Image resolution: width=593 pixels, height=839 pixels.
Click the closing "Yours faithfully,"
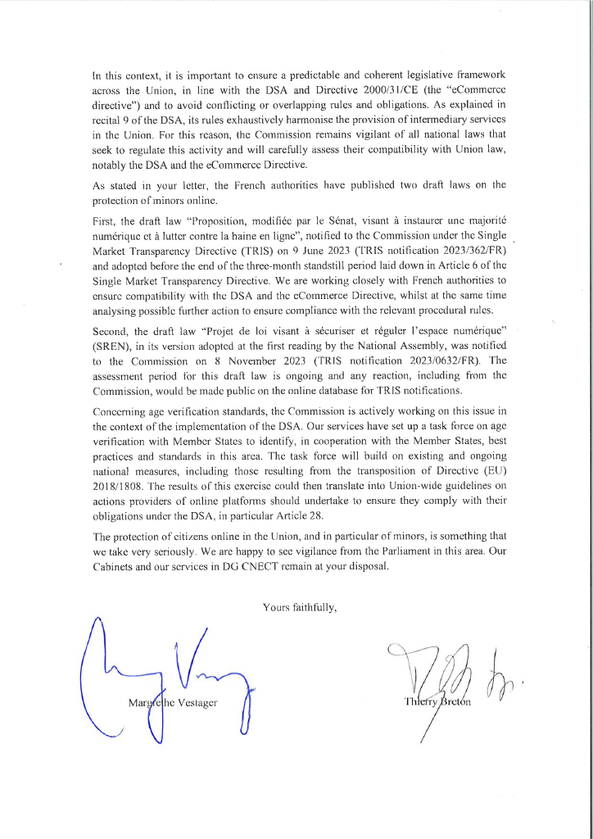coord(300,607)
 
